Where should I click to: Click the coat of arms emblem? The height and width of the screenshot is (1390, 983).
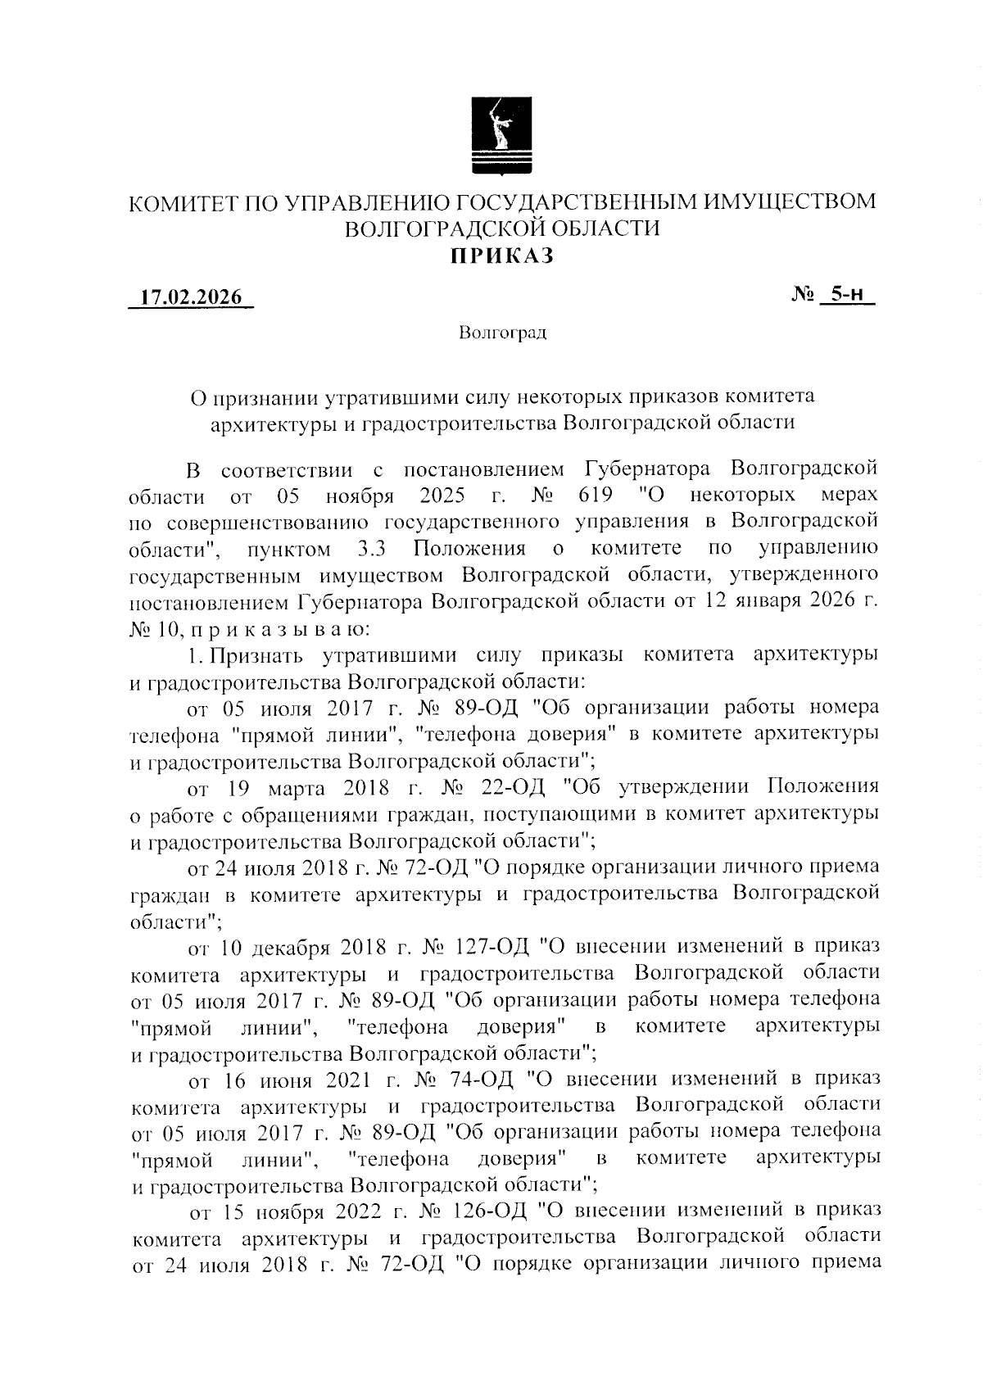pyautogui.click(x=502, y=136)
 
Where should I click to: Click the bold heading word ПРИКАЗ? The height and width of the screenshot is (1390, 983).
pyautogui.click(x=501, y=256)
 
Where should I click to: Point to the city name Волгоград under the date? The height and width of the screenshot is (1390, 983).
pyautogui.click(x=502, y=333)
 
